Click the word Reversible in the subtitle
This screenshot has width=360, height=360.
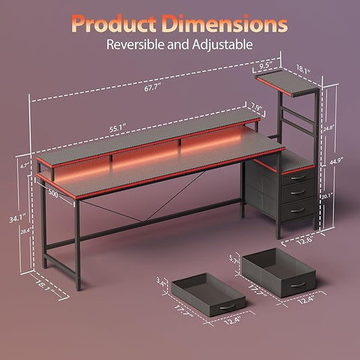click(x=136, y=45)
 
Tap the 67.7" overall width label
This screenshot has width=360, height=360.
click(x=152, y=88)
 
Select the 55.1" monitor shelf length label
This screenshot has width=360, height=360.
click(x=118, y=128)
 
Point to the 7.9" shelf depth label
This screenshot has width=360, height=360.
click(x=256, y=107)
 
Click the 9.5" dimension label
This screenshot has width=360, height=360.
click(x=266, y=66)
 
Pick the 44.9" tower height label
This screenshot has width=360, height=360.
click(x=336, y=161)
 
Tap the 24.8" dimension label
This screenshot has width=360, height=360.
click(x=328, y=128)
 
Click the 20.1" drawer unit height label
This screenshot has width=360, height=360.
click(x=327, y=197)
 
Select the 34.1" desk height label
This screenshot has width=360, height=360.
click(x=18, y=219)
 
